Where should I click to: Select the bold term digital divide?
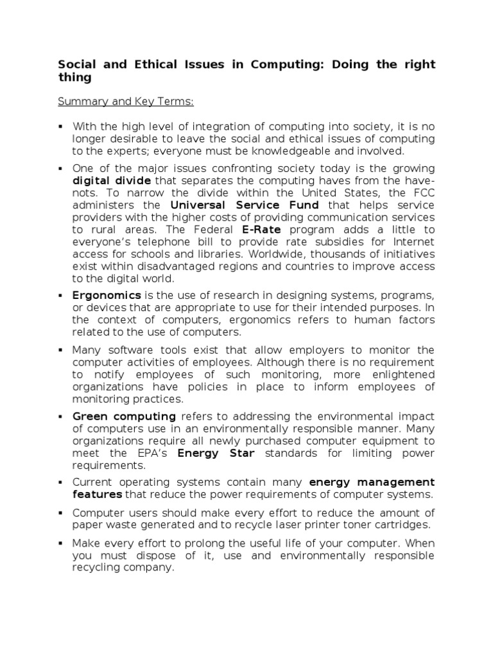[x=112, y=181]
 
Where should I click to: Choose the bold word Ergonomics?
[x=107, y=295]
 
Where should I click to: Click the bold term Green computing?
[x=124, y=416]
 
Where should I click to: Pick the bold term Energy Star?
[x=216, y=454]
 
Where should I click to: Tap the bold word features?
[x=97, y=494]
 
